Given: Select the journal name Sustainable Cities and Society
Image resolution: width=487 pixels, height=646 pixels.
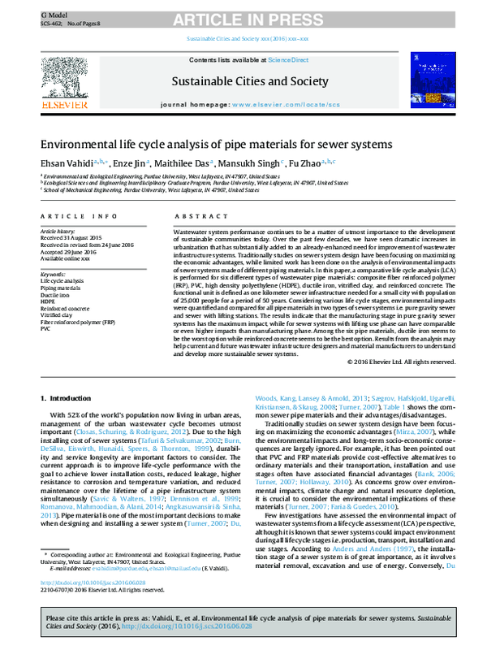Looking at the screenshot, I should pos(243,81).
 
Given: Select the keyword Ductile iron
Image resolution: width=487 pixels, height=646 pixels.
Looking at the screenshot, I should pos(54,294).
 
